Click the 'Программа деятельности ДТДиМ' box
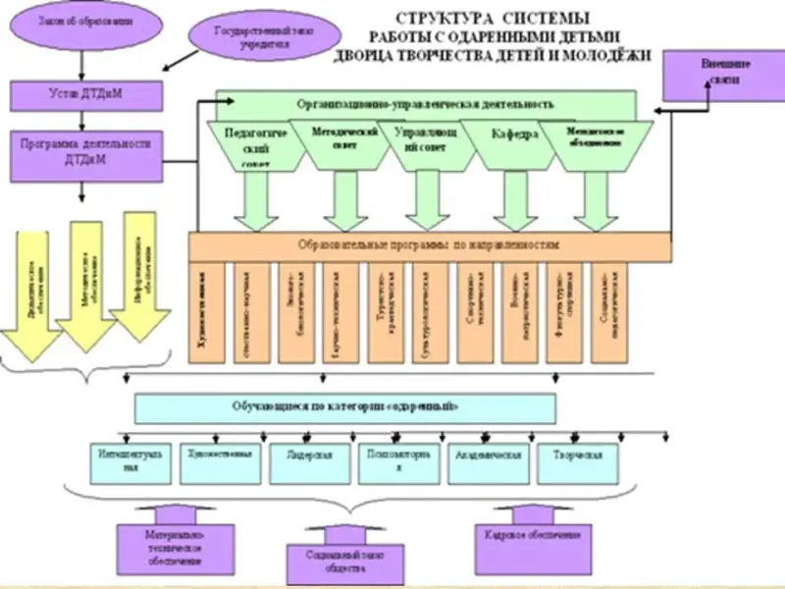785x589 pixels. (x=85, y=151)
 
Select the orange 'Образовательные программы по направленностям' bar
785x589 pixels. (x=430, y=245)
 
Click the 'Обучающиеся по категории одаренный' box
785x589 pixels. (x=344, y=406)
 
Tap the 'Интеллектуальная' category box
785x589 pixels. (x=131, y=463)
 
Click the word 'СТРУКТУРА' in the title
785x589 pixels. (x=438, y=19)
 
